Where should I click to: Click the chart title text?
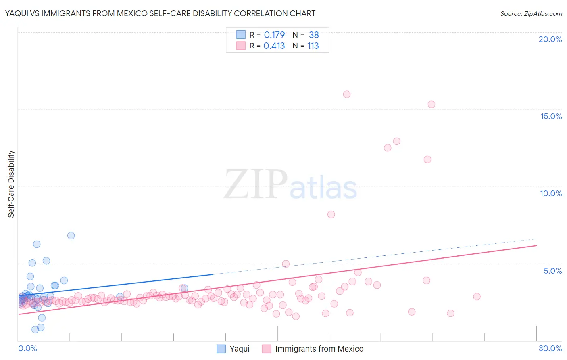tap(160, 13)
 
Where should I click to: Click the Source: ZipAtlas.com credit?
tap(531, 13)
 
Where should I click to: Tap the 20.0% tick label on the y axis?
tap(550, 39)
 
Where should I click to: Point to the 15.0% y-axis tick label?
tap(551, 116)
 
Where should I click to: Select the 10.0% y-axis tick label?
tap(551, 193)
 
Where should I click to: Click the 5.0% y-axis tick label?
tap(552, 271)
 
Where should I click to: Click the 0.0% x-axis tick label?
tap(27, 348)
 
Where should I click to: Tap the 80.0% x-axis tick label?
tap(550, 348)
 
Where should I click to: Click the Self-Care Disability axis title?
tap(11, 184)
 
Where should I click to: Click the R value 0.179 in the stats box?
tap(274, 35)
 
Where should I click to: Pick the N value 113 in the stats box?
tap(313, 46)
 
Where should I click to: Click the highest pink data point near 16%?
tap(347, 94)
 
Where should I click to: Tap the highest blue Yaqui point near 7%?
tap(71, 236)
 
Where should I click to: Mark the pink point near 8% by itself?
tap(331, 214)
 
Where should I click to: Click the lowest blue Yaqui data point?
tap(35, 329)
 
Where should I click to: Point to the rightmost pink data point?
tap(477, 297)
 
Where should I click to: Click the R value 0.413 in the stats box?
tap(274, 46)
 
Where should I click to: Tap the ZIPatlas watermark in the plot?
tap(290, 184)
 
